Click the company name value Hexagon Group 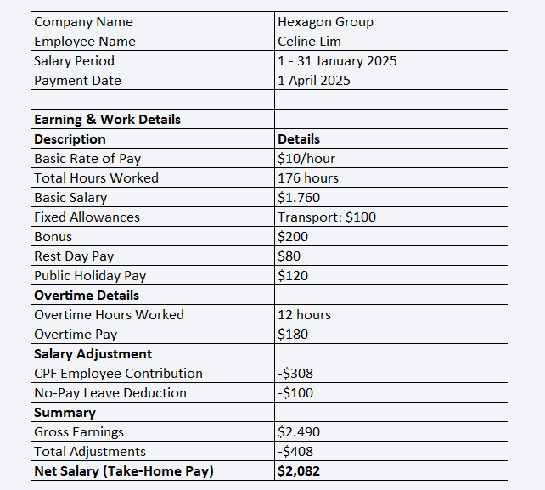[325, 22]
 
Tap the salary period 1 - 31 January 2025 [337, 61]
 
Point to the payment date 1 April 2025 [313, 81]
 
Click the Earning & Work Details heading [107, 120]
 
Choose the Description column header [70, 139]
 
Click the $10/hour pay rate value [306, 159]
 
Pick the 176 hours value [308, 178]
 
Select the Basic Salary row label [70, 198]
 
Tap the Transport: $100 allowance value [327, 217]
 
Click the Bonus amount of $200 [293, 237]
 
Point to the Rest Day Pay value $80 [289, 256]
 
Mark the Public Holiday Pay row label [90, 276]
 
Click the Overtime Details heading [86, 296]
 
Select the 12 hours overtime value [304, 315]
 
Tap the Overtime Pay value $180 [293, 335]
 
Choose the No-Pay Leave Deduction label [110, 393]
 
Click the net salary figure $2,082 [299, 471]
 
